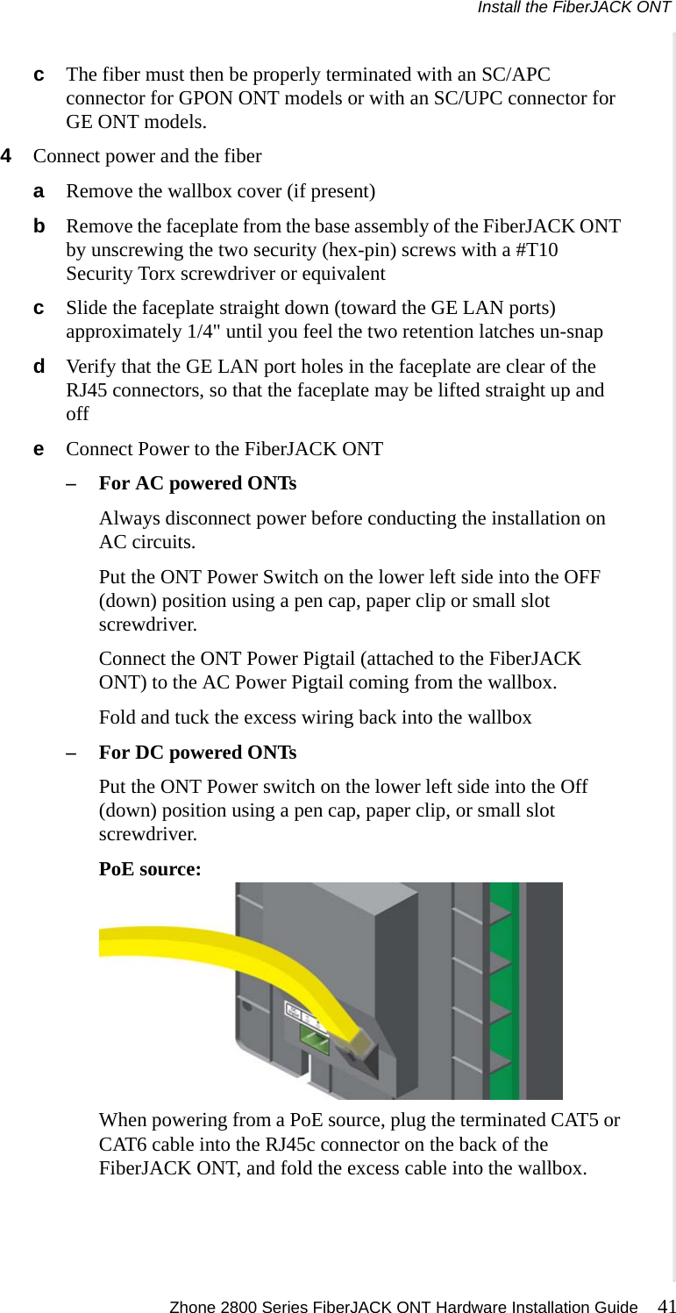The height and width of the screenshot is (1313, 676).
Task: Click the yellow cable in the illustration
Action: click(x=219, y=952)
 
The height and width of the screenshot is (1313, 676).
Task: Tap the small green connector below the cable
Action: click(x=315, y=1041)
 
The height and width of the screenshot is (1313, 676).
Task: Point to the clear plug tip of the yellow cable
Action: click(x=361, y=1039)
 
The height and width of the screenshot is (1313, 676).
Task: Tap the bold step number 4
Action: click(x=7, y=156)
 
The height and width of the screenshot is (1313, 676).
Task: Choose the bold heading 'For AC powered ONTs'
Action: click(x=197, y=483)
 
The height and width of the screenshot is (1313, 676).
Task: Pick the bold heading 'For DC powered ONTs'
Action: click(x=197, y=753)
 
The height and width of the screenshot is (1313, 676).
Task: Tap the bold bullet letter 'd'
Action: click(x=39, y=367)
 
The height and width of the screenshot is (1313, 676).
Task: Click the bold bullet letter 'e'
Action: click(x=39, y=449)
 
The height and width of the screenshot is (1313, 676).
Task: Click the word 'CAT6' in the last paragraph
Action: click(x=126, y=1145)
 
